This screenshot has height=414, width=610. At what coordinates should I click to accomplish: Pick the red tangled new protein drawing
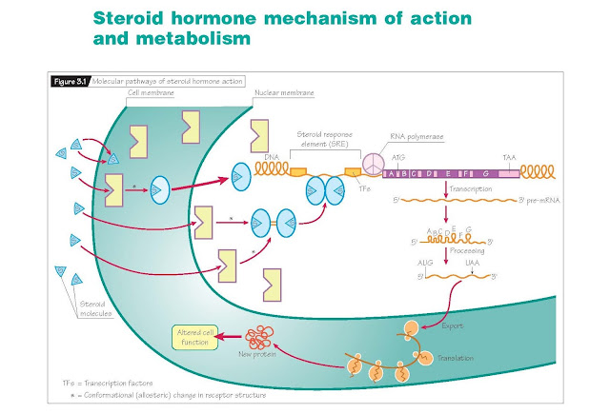click(x=261, y=339)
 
